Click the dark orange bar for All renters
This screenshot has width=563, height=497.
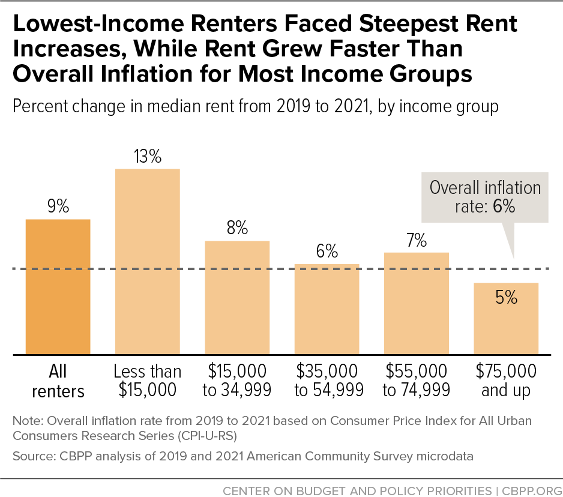[x=58, y=287]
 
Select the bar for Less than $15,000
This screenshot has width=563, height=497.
[x=147, y=262]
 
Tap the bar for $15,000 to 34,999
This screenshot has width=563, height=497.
[x=237, y=298]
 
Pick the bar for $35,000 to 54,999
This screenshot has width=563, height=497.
[x=327, y=309]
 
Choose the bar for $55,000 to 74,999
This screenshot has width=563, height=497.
[x=416, y=303]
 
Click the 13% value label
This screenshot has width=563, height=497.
[x=148, y=157]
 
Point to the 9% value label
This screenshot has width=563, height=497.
[x=58, y=208]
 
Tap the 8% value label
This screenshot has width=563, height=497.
[x=237, y=229]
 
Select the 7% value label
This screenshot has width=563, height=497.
[x=416, y=241]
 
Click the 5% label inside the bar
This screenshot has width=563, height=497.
[x=506, y=297]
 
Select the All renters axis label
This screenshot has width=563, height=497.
[x=58, y=381]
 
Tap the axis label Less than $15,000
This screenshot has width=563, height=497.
[x=147, y=381]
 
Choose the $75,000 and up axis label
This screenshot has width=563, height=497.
[x=506, y=381]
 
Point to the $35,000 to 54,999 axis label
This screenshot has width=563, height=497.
[x=327, y=381]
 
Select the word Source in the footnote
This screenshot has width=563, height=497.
[x=30, y=456]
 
